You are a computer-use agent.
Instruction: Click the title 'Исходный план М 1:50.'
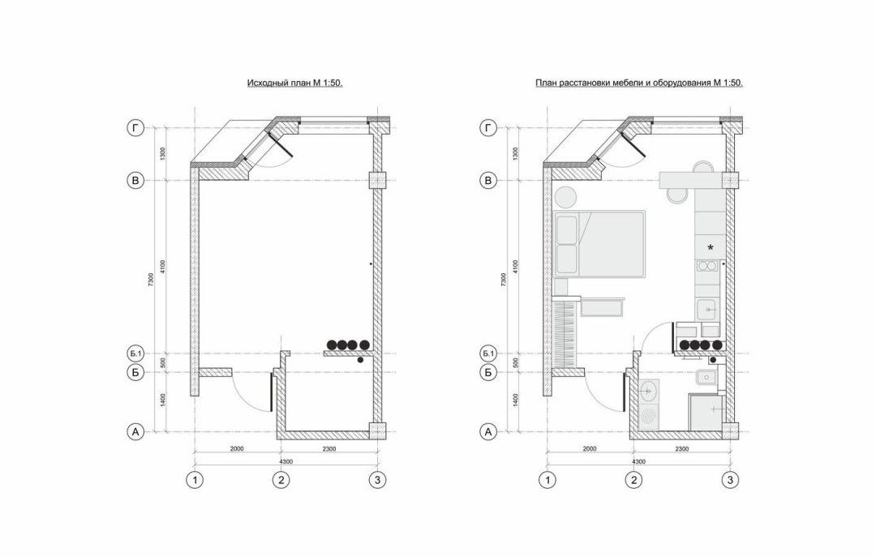[294, 84]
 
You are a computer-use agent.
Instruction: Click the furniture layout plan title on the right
[638, 84]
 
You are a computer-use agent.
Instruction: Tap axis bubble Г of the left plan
[135, 128]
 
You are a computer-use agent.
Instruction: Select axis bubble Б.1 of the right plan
[488, 353]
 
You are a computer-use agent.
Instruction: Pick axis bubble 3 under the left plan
[378, 480]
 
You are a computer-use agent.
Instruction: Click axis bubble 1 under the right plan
[547, 480]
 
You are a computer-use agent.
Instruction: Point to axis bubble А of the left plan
[135, 432]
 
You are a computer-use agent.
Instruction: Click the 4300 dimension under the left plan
[286, 461]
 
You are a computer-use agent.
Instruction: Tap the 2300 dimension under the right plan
[681, 448]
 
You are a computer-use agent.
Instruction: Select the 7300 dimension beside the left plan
[152, 280]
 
